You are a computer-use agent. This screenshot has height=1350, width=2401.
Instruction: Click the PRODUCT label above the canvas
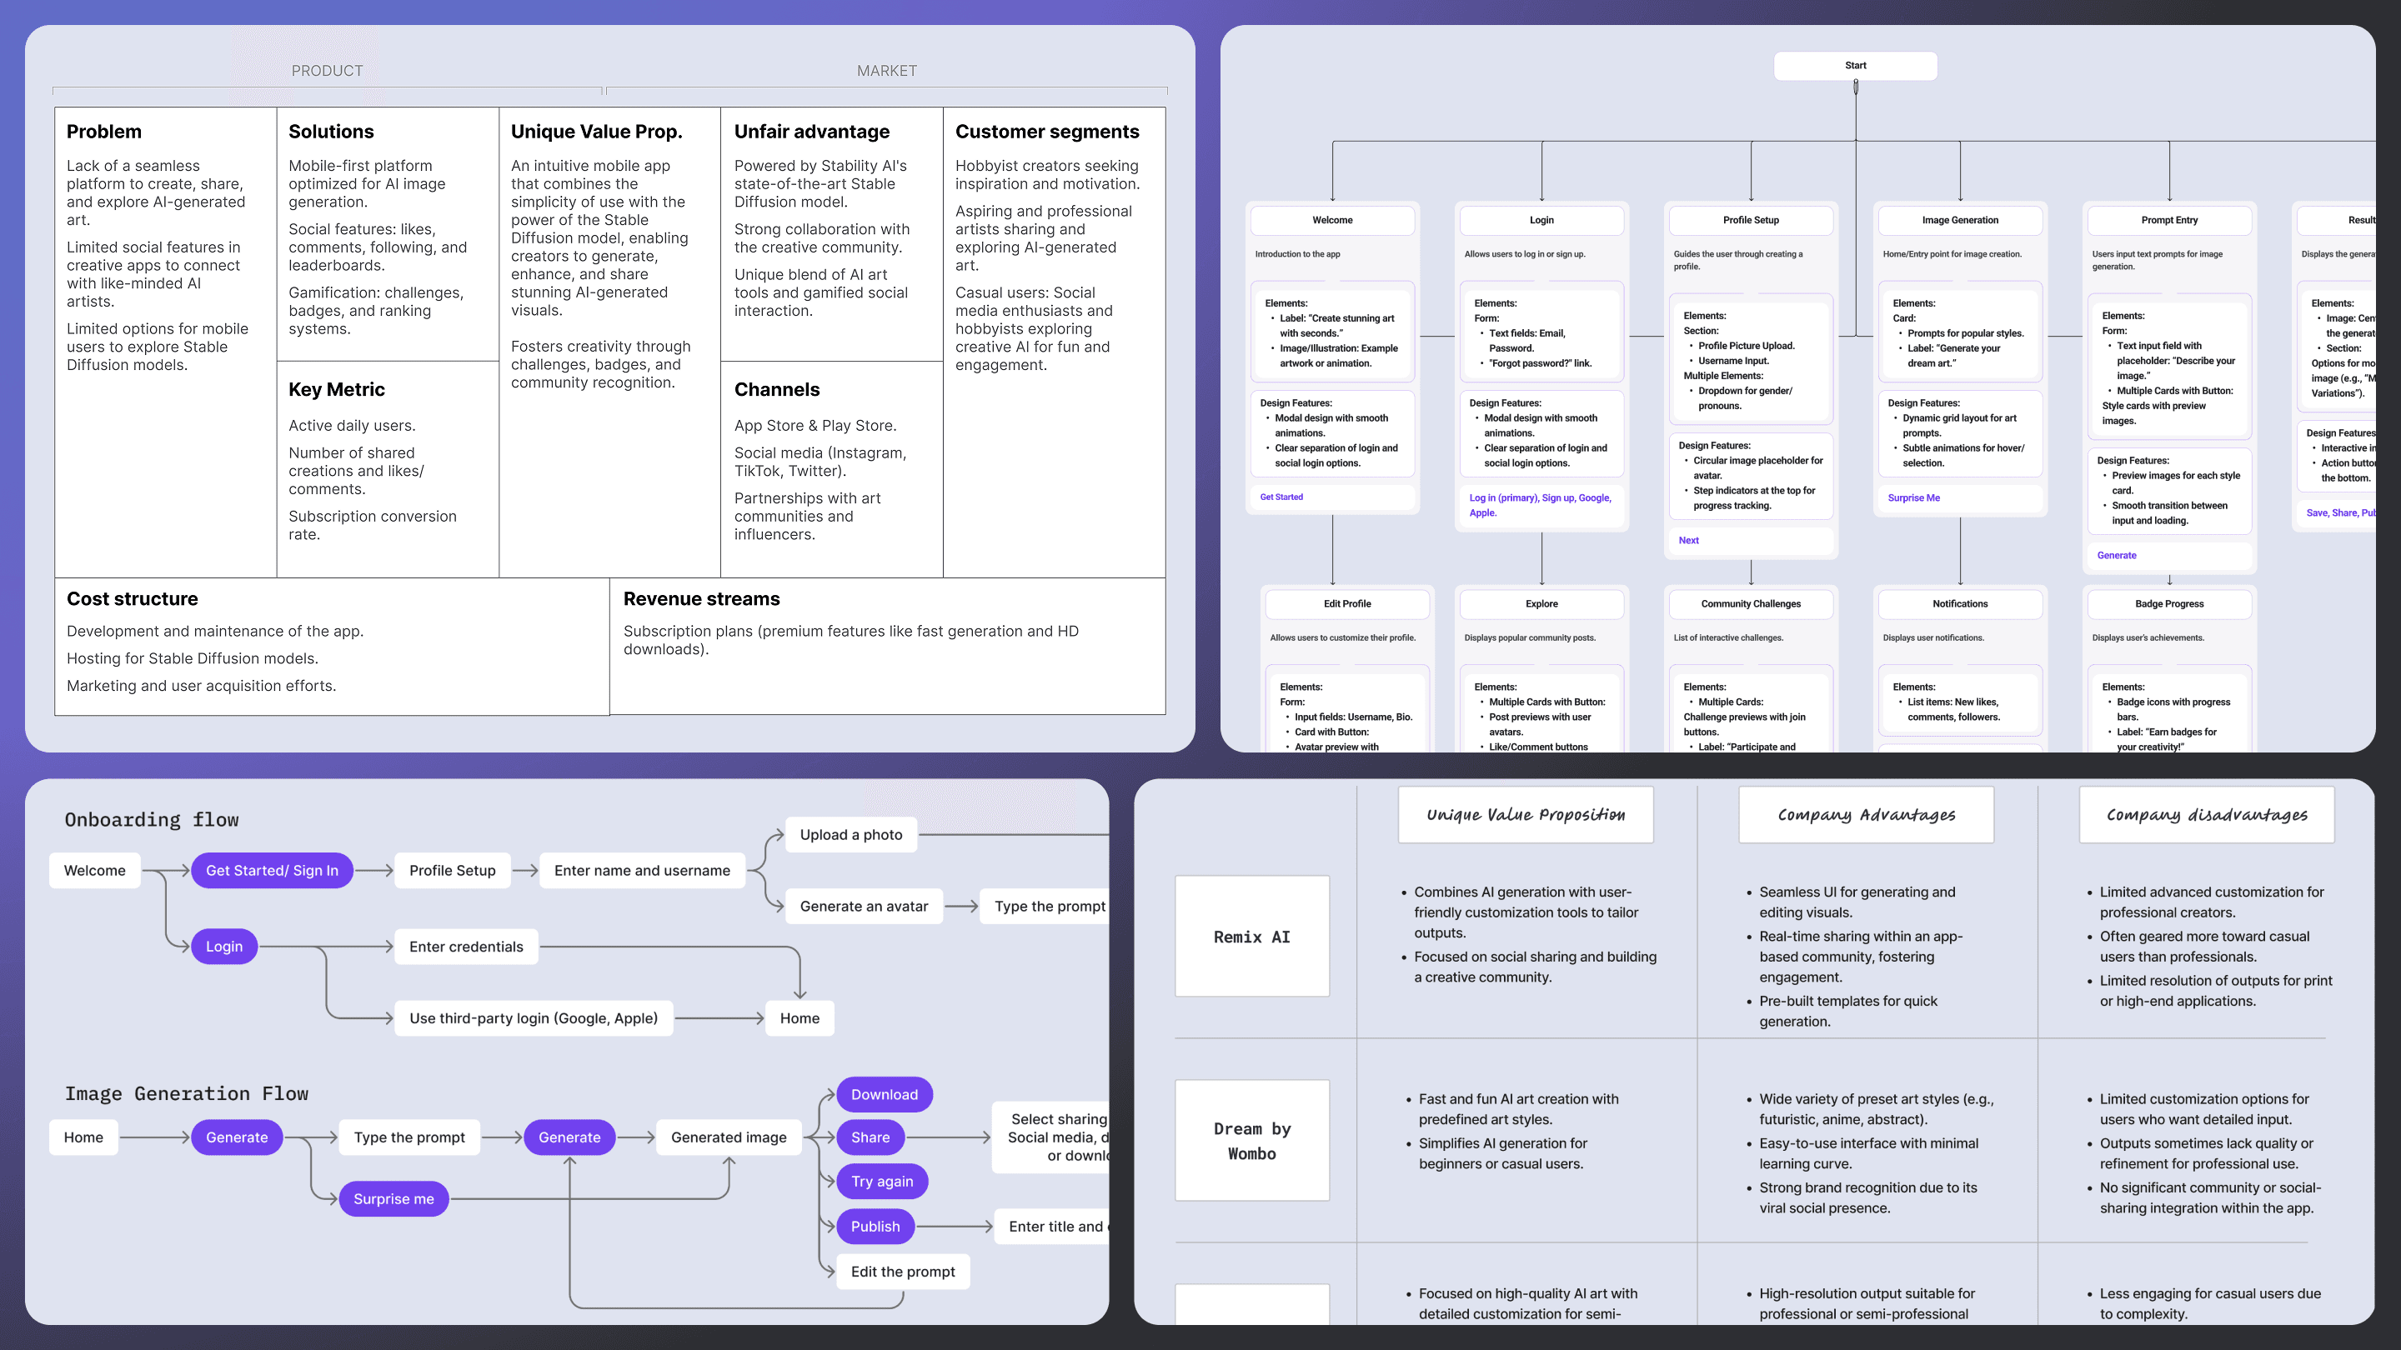[x=327, y=71]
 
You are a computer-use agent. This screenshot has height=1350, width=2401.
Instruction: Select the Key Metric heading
[x=337, y=389]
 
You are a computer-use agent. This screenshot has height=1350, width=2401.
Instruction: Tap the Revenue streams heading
[x=701, y=599]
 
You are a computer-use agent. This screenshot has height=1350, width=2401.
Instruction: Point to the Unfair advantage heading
[x=811, y=132]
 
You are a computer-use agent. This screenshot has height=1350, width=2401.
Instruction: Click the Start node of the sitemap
[x=1855, y=66]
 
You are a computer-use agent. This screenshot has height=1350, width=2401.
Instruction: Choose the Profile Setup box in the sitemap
[x=1751, y=221]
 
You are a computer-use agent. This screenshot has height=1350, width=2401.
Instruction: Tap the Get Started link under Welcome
[x=1281, y=497]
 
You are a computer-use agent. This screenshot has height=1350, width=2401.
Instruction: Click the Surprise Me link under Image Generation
[x=1913, y=498]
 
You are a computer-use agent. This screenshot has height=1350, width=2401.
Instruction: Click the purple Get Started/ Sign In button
[x=272, y=870]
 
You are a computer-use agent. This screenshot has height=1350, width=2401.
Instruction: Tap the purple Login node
[x=223, y=947]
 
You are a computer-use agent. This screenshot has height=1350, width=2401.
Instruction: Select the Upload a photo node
[x=851, y=835]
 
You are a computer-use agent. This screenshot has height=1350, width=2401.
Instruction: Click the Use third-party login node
[x=534, y=1018]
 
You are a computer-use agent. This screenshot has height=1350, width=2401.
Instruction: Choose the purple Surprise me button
[x=393, y=1199]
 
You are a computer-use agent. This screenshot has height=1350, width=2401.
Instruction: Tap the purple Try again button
[x=882, y=1182]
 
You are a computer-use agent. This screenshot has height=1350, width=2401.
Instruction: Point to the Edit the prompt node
[x=902, y=1272]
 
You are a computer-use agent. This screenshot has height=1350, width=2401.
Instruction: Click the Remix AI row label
[x=1251, y=937]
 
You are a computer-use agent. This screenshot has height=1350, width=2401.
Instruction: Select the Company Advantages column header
[x=1866, y=815]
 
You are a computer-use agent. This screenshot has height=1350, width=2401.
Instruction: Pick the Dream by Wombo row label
[x=1251, y=1142]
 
